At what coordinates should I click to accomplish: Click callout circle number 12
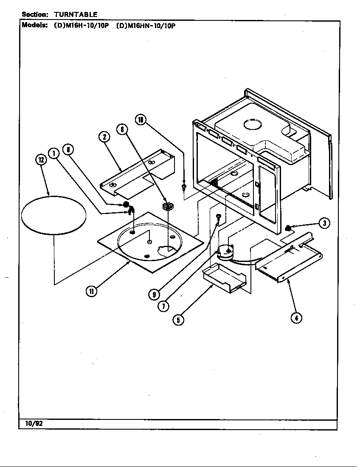(x=40, y=160)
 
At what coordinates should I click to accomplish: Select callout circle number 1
(x=53, y=153)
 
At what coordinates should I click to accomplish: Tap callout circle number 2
(x=104, y=137)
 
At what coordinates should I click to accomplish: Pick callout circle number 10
(x=141, y=120)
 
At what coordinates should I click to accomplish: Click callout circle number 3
(x=324, y=223)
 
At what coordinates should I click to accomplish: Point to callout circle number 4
(x=296, y=317)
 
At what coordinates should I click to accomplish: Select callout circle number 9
(x=154, y=294)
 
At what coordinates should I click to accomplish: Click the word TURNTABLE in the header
(x=76, y=14)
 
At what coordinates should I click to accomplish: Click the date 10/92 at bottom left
(x=31, y=424)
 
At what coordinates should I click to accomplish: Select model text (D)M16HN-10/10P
(x=146, y=25)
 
